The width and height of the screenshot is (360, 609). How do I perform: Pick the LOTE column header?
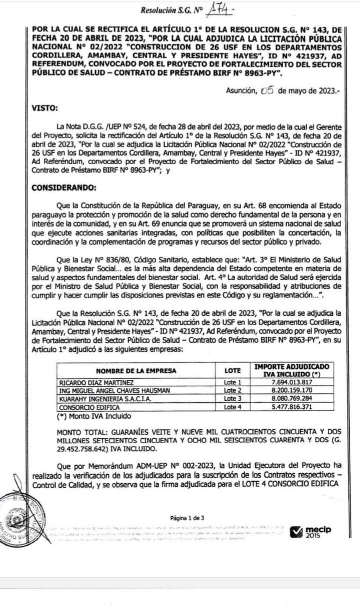[232, 371]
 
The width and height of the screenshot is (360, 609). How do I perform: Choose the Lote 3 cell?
[232, 399]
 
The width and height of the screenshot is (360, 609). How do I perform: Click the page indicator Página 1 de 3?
[187, 518]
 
